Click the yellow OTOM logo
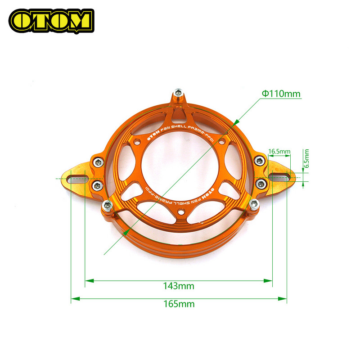point(51,20)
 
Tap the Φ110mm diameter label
point(281,94)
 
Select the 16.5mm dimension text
point(279,152)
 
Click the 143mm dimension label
point(179,286)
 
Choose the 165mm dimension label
point(179,304)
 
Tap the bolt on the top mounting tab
point(179,93)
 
